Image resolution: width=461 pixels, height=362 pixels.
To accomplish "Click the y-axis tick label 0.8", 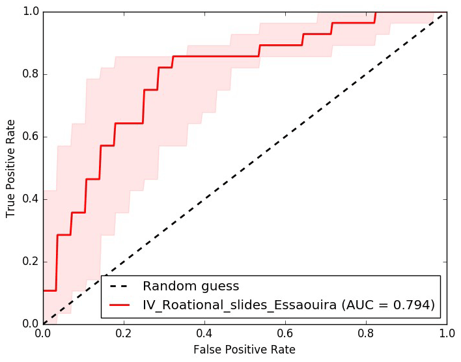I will click(x=28, y=74).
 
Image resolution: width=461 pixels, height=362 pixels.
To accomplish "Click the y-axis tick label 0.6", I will click(x=28, y=137).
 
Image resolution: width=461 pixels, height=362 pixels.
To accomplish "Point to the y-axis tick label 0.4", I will click(x=28, y=199).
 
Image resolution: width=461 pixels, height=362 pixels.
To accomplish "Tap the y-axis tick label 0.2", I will click(x=28, y=262).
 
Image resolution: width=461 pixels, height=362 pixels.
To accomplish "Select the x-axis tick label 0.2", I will click(x=124, y=333).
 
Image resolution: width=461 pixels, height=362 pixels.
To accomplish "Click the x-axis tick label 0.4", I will click(x=204, y=333).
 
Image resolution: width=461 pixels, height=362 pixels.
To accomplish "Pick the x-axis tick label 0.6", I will click(x=285, y=333).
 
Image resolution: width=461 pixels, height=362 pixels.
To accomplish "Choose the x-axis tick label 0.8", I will click(x=366, y=333).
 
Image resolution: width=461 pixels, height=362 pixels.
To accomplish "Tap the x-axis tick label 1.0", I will click(x=447, y=333).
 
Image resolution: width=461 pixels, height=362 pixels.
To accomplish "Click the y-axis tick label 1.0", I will click(x=28, y=12).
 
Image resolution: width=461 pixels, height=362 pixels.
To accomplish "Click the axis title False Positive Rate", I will click(x=244, y=350).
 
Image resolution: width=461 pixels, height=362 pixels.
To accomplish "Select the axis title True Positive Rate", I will click(x=11, y=168).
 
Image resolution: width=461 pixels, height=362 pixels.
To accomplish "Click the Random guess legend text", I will click(x=191, y=286).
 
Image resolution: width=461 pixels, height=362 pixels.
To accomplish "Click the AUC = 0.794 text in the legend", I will click(x=391, y=304).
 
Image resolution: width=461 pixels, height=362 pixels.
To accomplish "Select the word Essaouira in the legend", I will click(x=309, y=304).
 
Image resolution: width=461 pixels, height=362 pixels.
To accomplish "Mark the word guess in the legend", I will click(x=217, y=286).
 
